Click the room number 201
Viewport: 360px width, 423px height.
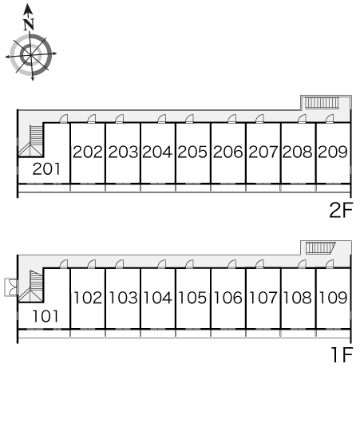[46, 169]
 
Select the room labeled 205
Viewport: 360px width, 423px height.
[192, 152]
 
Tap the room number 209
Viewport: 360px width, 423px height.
[333, 152]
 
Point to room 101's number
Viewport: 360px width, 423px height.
[45, 316]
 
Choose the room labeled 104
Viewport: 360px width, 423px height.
[157, 298]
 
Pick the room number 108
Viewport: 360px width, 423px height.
[298, 298]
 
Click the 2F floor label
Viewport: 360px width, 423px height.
[341, 211]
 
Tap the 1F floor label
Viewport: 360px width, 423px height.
[342, 355]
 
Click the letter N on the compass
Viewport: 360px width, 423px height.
[29, 25]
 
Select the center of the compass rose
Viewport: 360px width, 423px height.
[31, 55]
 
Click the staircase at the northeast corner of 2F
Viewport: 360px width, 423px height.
[322, 103]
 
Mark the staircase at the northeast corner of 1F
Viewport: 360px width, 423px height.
[320, 247]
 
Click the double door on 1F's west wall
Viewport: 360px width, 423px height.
[11, 287]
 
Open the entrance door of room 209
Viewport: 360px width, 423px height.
[330, 119]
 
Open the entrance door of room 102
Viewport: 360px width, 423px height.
[92, 264]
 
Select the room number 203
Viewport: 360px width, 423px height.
[123, 152]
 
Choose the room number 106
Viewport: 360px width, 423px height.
[227, 298]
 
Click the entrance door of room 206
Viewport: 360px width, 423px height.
[231, 119]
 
